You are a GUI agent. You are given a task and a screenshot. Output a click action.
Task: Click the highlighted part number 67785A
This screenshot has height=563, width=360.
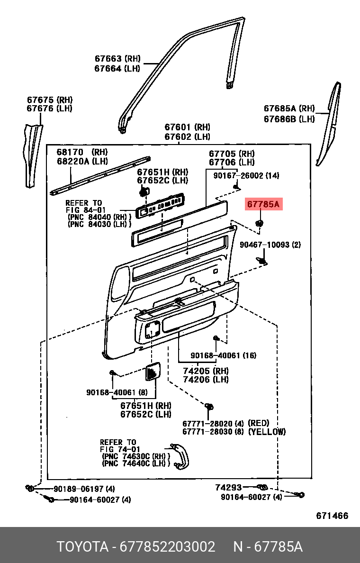[263, 205]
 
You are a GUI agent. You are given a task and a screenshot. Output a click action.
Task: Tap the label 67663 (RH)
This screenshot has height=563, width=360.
[118, 58]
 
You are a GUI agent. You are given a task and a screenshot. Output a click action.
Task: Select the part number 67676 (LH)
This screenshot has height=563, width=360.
[50, 109]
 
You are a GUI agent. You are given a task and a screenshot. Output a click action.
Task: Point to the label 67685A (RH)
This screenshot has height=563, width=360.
[289, 109]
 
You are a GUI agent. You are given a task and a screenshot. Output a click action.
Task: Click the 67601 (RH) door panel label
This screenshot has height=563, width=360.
[188, 127]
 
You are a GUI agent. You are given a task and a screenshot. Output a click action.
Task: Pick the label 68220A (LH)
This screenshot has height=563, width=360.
[82, 162]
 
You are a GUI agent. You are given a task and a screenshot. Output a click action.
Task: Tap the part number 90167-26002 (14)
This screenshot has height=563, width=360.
[246, 175]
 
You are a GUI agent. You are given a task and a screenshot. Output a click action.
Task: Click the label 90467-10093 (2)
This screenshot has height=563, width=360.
[270, 245]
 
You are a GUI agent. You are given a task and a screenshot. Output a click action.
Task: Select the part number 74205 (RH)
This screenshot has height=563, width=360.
[206, 371]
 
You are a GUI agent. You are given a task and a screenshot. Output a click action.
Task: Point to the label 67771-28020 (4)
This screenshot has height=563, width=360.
[213, 424]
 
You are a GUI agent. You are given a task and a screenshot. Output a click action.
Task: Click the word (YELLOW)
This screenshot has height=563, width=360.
[267, 432]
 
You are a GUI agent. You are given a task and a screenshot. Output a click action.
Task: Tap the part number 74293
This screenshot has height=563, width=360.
[228, 487]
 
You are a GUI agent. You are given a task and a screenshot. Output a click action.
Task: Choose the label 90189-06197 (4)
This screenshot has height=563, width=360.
[84, 489]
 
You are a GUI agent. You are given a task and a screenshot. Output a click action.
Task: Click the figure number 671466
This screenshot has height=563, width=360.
[332, 516]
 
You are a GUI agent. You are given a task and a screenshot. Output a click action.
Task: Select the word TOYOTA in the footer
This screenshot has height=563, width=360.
[82, 547]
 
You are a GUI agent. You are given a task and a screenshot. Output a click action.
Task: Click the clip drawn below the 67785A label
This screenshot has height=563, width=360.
[259, 223]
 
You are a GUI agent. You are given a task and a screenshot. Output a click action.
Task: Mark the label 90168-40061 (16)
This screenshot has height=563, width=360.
[223, 355]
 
